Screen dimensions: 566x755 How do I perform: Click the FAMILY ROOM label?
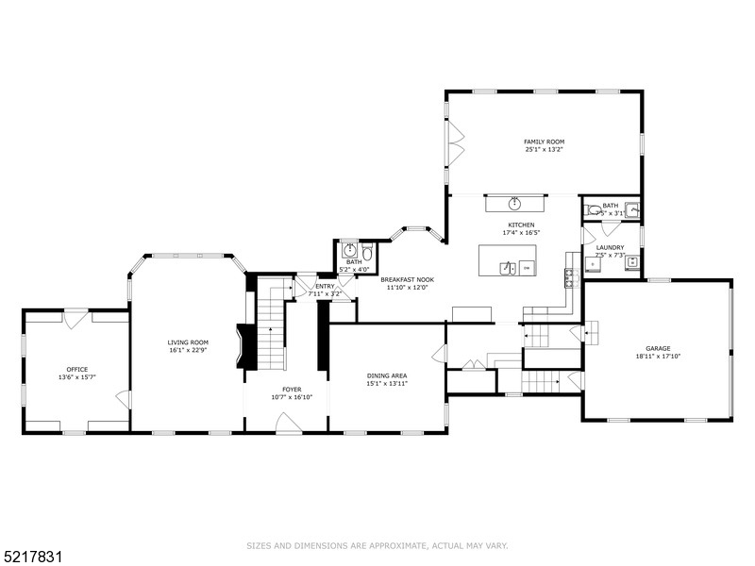tap(545, 141)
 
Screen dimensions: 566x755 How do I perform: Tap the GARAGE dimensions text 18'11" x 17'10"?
tap(658, 357)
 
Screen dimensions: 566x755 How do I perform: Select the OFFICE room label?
tap(77, 369)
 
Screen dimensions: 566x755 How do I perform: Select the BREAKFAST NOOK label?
tap(407, 280)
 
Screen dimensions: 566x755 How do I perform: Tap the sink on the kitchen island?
tap(507, 268)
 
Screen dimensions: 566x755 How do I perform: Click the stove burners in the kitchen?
tap(569, 275)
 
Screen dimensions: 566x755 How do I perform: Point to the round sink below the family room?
tap(514, 203)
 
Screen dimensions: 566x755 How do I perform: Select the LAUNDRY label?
tap(610, 247)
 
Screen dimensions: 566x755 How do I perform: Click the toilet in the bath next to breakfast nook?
tap(367, 252)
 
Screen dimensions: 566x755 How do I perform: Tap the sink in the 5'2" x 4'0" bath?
tap(348, 251)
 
